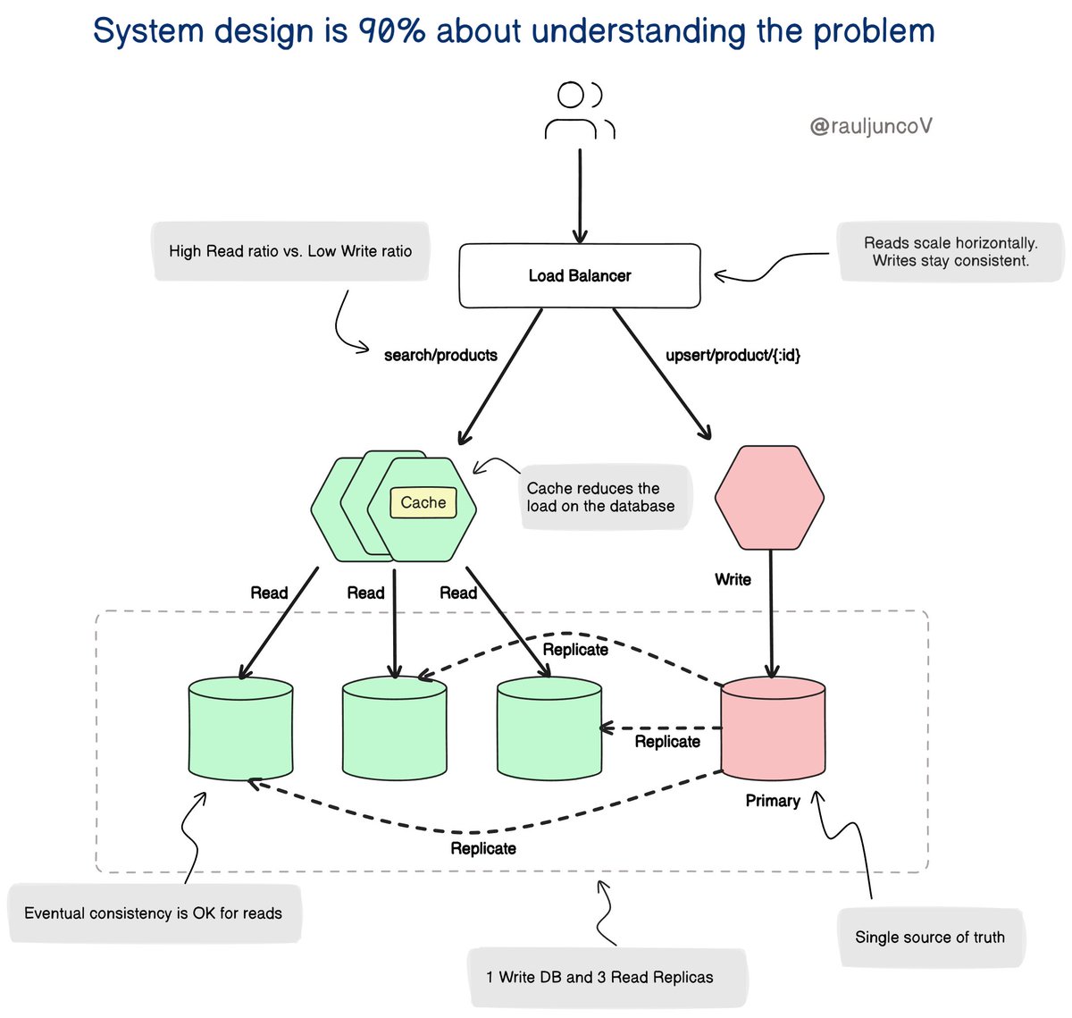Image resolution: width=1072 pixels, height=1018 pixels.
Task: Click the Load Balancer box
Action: click(x=579, y=275)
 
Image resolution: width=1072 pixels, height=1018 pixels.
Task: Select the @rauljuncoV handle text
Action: click(x=870, y=126)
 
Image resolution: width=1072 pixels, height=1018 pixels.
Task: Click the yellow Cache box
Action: click(x=423, y=502)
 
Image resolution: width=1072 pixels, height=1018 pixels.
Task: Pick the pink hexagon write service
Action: click(x=769, y=498)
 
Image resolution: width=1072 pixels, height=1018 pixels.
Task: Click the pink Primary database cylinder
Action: click(x=773, y=728)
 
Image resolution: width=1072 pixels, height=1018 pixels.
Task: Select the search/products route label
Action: click(x=440, y=355)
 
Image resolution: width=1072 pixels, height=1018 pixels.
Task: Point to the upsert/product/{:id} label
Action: click(x=733, y=355)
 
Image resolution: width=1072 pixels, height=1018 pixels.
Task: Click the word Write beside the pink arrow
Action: click(x=733, y=579)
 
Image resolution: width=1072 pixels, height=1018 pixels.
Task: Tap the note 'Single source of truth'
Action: click(x=929, y=937)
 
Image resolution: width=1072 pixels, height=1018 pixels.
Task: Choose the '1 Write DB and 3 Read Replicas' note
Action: click(x=599, y=977)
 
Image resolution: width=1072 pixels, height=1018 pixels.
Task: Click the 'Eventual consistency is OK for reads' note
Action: click(x=153, y=913)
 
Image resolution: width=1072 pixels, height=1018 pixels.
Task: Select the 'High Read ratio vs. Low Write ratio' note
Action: click(x=289, y=251)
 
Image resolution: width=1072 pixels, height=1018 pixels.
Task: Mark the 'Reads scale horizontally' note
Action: click(x=951, y=251)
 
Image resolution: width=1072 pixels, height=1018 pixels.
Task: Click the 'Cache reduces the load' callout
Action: click(x=600, y=497)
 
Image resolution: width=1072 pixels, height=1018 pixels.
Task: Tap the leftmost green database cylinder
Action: click(x=241, y=729)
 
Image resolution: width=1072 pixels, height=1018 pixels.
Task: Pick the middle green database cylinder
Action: click(x=395, y=728)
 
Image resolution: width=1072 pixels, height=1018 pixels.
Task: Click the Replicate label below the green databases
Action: click(x=482, y=848)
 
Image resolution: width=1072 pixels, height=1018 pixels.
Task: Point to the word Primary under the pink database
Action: click(x=772, y=800)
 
